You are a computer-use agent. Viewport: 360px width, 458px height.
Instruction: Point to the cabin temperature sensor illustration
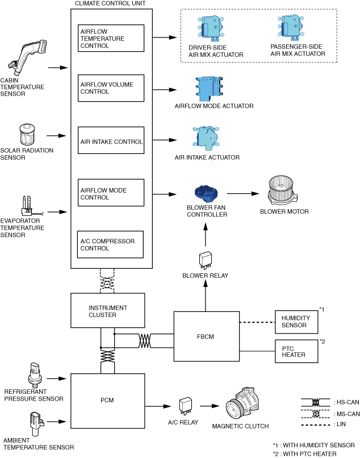(28, 57)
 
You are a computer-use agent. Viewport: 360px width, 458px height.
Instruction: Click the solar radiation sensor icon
(27, 134)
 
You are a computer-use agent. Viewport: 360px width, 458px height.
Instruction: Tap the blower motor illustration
(283, 191)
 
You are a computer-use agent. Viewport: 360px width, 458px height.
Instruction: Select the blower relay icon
(206, 260)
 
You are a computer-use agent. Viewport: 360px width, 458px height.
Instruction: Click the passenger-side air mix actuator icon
(292, 28)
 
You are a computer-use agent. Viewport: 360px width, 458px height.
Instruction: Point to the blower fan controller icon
(206, 194)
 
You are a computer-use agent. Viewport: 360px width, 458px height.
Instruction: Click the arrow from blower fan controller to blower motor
(243, 193)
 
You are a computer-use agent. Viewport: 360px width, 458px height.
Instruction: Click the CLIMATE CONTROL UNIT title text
(110, 3)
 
